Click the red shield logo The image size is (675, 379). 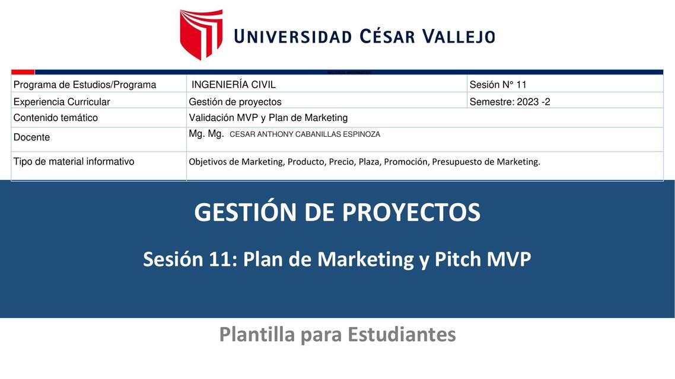[201, 34]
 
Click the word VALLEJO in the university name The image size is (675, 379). [458, 37]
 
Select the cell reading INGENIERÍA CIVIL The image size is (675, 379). [233, 85]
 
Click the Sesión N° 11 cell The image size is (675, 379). [498, 85]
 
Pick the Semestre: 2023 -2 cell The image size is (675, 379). [510, 102]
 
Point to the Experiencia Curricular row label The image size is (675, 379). [62, 102]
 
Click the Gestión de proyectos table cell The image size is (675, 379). [235, 102]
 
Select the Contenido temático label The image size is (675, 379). [56, 118]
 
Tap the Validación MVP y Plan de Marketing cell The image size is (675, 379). [268, 118]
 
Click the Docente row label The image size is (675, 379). [31, 137]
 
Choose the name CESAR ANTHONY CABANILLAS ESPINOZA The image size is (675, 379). [304, 134]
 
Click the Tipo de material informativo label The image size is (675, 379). [74, 162]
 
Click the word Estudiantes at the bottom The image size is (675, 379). [402, 335]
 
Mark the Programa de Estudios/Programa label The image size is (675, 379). [85, 85]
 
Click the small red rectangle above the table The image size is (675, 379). [23, 72]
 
